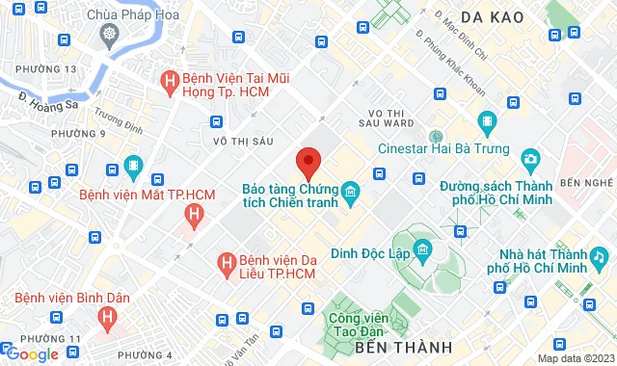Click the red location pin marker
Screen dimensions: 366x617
click(x=308, y=162)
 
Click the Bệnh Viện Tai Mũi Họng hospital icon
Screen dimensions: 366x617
click(x=171, y=82)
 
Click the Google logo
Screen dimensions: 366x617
click(x=31, y=354)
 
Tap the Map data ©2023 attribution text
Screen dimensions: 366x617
click(x=574, y=358)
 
